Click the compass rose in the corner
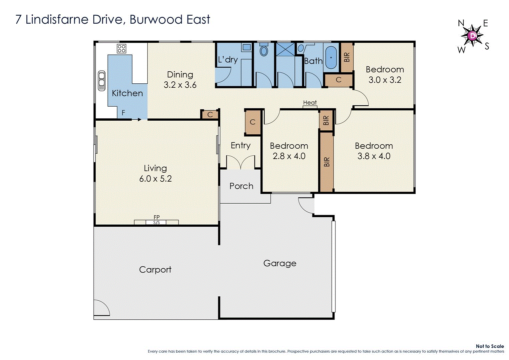coord(472,36)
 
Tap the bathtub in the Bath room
coord(331,57)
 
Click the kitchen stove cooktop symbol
coord(122,49)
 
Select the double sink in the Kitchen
coord(101,80)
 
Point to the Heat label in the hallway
coord(310,103)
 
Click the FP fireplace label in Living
coord(157,217)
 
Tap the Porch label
coord(241,186)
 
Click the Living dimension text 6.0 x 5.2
coord(155,179)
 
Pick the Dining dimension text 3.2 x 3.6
coord(180,85)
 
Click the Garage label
coord(279,263)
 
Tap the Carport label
coord(155,270)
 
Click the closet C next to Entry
coord(253,122)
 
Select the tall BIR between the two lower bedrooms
coord(326,162)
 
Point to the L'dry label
coord(228,60)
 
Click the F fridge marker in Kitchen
coord(123,113)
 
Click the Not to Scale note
coord(489,346)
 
